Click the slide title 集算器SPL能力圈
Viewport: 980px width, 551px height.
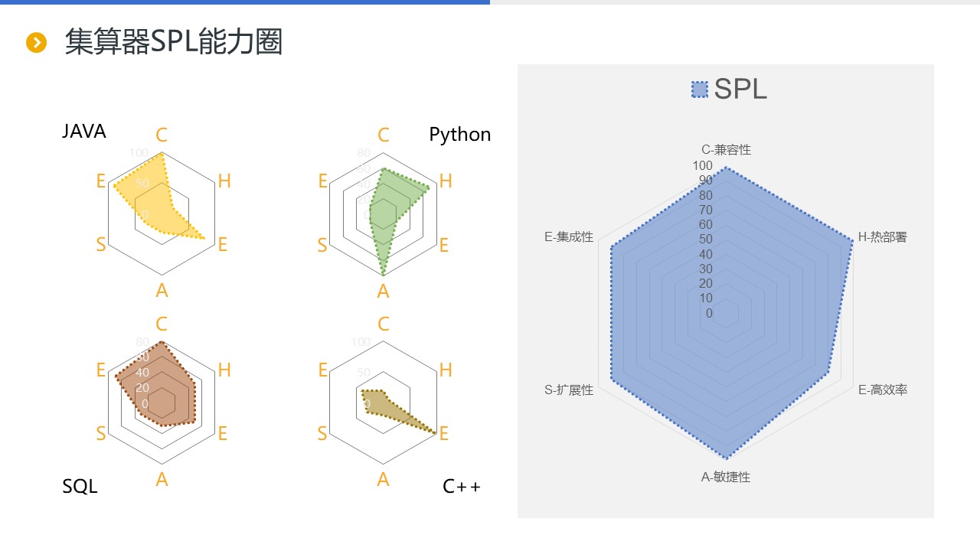point(174,42)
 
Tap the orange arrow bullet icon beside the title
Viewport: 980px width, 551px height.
point(36,43)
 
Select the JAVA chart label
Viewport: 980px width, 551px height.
point(84,132)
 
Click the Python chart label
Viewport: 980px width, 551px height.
point(459,135)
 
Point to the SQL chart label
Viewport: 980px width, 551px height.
point(80,486)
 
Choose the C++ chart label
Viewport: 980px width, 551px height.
point(462,486)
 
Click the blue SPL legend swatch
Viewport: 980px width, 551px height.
point(699,90)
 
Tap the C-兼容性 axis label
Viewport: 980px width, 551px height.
point(726,150)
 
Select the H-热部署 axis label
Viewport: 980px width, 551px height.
point(882,237)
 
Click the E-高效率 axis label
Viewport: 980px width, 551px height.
point(882,390)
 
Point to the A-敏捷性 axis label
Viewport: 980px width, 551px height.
point(726,478)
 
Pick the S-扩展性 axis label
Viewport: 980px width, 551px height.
point(569,390)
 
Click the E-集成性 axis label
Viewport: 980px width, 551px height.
point(569,237)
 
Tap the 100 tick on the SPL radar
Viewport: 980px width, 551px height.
point(702,165)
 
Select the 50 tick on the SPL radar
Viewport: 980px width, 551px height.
point(704,240)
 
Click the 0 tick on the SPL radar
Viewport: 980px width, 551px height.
point(709,313)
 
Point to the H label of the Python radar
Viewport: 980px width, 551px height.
point(446,181)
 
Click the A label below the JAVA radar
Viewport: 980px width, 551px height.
point(162,291)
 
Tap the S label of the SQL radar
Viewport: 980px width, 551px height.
point(101,434)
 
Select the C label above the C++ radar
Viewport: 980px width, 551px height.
point(384,324)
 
